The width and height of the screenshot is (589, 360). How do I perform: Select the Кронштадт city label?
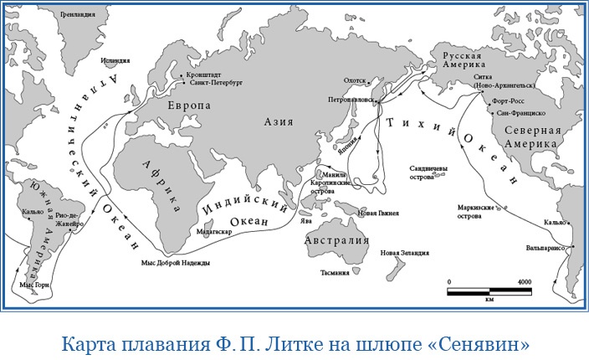[206, 75]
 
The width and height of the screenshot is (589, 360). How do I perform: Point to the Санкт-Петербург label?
[216, 84]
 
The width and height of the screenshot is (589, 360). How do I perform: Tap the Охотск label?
[356, 80]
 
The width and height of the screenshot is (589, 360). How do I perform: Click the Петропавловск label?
[350, 100]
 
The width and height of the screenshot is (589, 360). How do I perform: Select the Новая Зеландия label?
[405, 252]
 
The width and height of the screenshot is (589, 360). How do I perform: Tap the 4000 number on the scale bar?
[524, 282]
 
